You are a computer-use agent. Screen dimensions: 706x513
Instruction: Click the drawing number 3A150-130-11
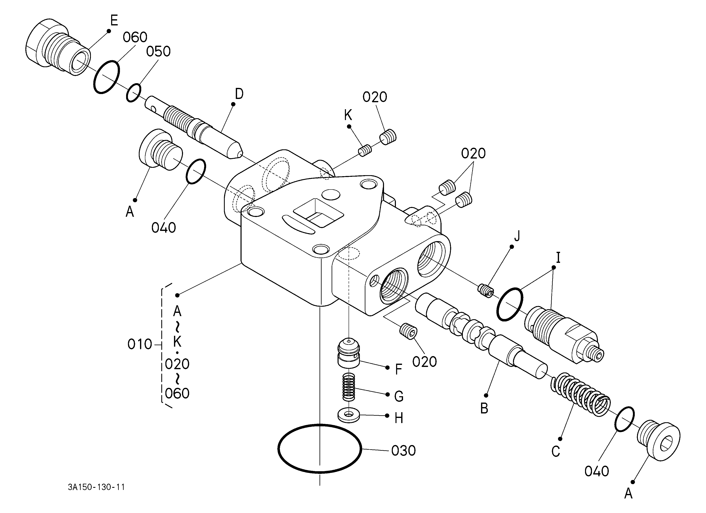click(96, 487)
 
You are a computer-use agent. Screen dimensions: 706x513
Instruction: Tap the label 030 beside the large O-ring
click(403, 451)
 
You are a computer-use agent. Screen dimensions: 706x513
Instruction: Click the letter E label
click(114, 20)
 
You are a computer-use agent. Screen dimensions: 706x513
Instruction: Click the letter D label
click(239, 94)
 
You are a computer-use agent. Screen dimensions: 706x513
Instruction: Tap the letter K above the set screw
click(348, 115)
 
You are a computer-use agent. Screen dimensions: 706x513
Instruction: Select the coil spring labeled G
click(349, 387)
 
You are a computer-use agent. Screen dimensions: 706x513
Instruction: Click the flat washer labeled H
click(349, 415)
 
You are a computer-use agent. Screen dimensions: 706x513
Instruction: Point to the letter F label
click(399, 370)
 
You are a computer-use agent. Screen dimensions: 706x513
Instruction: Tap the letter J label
click(517, 236)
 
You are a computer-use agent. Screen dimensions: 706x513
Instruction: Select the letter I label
click(558, 258)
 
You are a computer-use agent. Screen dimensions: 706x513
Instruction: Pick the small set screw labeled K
click(365, 150)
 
